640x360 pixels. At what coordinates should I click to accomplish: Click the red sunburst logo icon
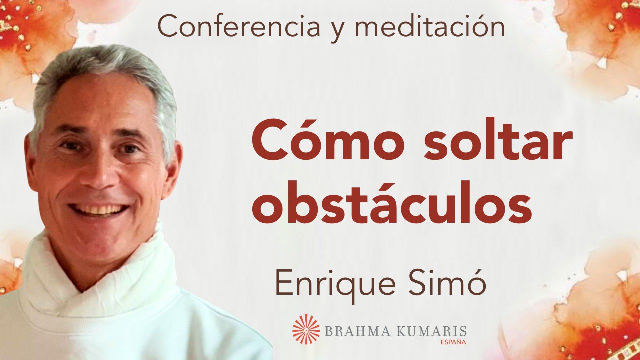pyautogui.click(x=306, y=329)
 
